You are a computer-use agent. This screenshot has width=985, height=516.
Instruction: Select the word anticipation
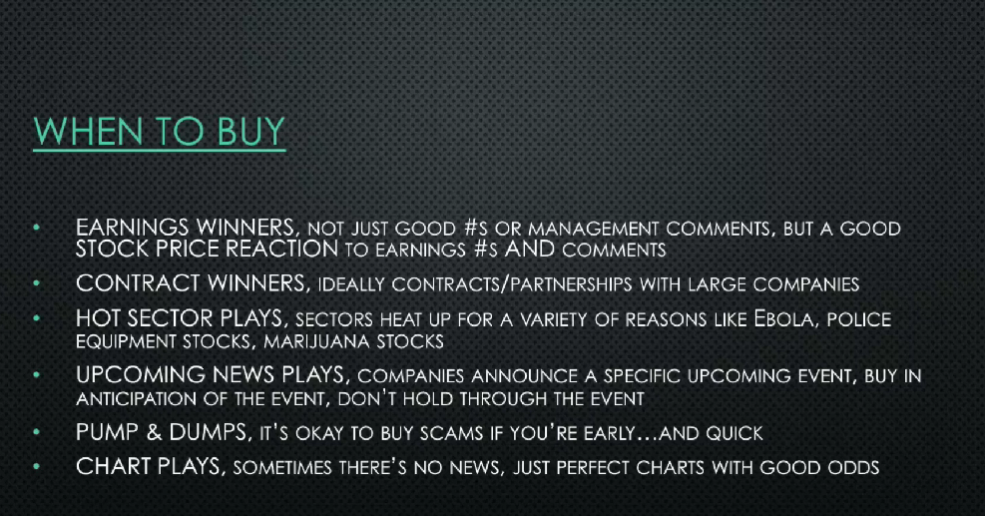(134, 398)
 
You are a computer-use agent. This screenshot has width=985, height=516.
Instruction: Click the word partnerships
(571, 284)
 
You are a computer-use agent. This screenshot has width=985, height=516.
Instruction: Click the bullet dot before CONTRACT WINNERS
(37, 283)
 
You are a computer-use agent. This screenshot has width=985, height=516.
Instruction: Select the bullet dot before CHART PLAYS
(37, 466)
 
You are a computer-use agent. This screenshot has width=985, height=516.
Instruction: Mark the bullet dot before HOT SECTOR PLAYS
(37, 318)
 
